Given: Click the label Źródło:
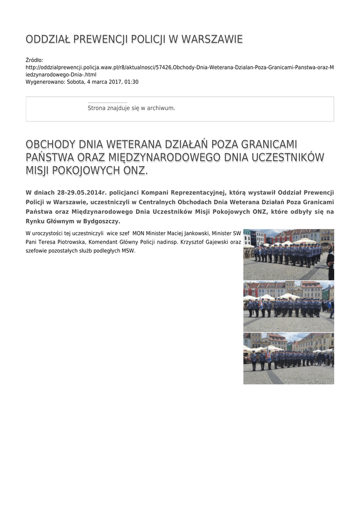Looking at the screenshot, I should click(x=34, y=60).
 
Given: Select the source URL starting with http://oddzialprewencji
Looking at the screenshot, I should click(x=179, y=67).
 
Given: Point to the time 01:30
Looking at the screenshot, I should click(x=132, y=82).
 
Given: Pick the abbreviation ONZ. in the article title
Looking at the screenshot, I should click(x=135, y=171).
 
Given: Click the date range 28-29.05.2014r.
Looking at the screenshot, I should click(x=82, y=192).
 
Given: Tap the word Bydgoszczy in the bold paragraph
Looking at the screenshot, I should click(x=102, y=221).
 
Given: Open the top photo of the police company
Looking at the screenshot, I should click(x=288, y=254).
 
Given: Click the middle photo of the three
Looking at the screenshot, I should click(x=288, y=307).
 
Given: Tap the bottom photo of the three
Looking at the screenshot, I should click(x=288, y=358).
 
